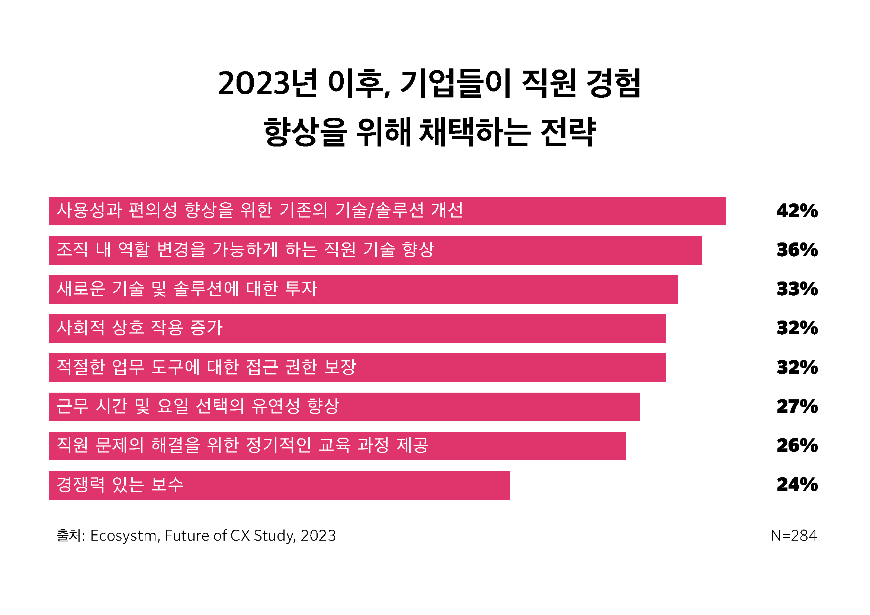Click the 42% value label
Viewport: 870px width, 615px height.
pos(797,211)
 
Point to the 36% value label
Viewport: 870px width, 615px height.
pos(797,250)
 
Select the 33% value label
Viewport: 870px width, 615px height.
pos(797,289)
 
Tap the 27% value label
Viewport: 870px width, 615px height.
pos(797,406)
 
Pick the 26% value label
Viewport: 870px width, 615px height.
pos(797,446)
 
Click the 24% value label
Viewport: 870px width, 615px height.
pos(797,485)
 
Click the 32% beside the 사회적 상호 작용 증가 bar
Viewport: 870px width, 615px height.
pos(797,328)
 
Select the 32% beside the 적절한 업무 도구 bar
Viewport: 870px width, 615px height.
pos(797,367)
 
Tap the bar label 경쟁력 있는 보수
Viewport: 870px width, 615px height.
pos(120,485)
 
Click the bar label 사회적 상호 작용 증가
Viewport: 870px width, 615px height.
pos(139,328)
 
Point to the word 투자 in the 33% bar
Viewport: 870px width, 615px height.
pos(301,289)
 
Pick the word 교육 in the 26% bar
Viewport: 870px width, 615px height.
pos(334,445)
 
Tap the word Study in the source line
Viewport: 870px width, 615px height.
pos(274,536)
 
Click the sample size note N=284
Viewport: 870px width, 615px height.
pos(794,536)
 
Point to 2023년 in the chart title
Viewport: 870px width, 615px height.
pos(267,83)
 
